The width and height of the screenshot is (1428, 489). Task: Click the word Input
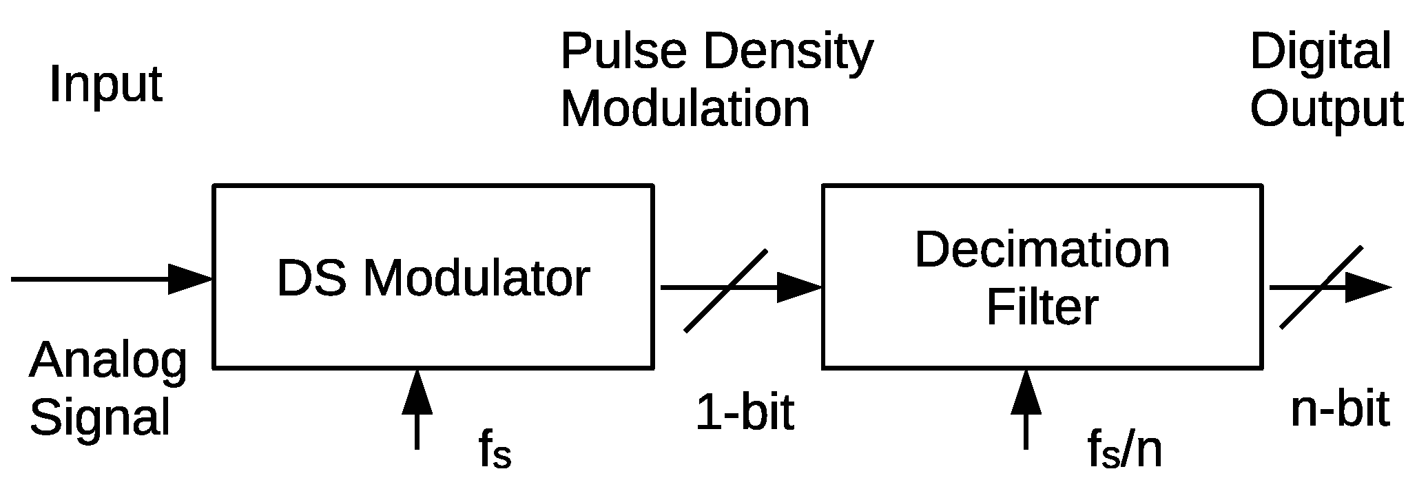[x=105, y=85]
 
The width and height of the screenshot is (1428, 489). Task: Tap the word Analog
[x=107, y=362]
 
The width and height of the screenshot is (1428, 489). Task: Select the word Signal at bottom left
[x=100, y=417]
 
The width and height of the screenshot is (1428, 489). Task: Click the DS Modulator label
[x=433, y=278]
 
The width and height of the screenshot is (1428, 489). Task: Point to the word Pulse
[x=623, y=52]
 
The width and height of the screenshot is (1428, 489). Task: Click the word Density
[x=788, y=52]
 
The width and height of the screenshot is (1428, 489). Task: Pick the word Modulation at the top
[x=685, y=109]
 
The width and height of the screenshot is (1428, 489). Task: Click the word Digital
[x=1320, y=52]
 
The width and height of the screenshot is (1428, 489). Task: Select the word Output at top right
[x=1326, y=109]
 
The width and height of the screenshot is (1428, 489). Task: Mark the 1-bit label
[x=745, y=413]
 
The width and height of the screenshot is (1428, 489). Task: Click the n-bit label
[x=1339, y=410]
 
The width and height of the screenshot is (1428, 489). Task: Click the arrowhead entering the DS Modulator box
[x=190, y=279]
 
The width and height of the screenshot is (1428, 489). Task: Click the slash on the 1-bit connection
[x=725, y=291]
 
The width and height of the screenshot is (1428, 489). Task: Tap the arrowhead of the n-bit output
[x=1367, y=287]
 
